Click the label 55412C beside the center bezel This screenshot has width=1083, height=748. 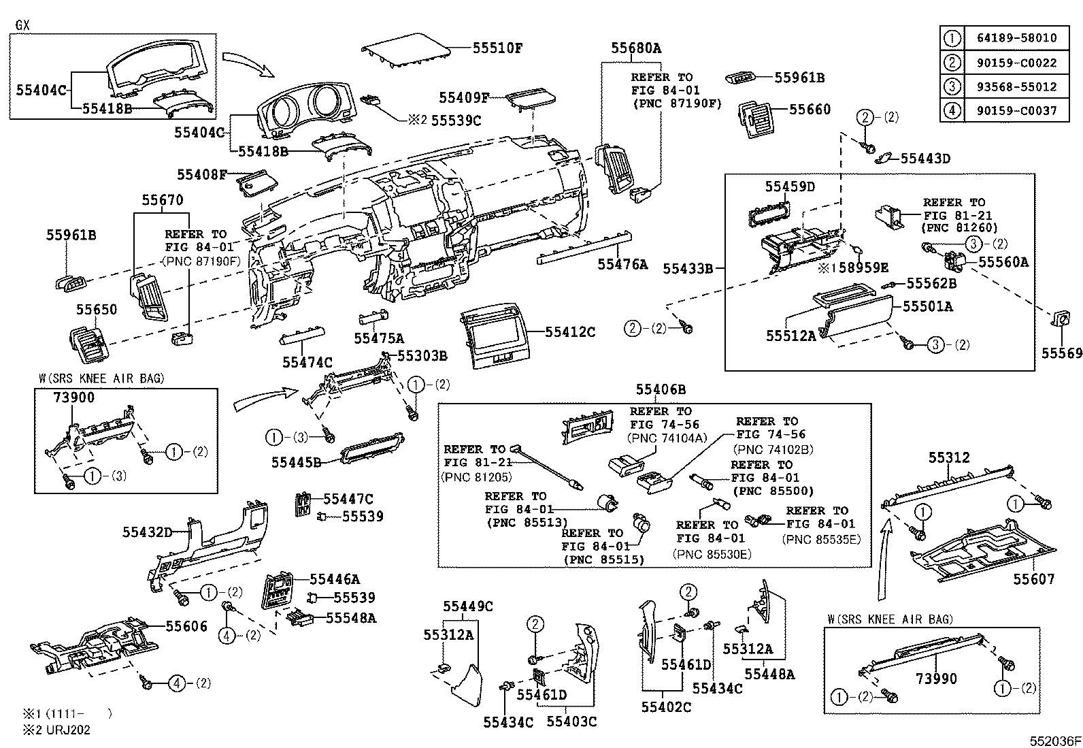[x=570, y=332]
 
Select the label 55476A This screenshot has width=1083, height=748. [x=622, y=264]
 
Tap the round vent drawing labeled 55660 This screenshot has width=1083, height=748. [x=756, y=121]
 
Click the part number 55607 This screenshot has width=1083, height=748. [x=1033, y=579]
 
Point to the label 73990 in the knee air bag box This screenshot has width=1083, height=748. [x=936, y=679]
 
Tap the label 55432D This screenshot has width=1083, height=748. [x=148, y=532]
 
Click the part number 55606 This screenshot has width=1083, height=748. [x=186, y=626]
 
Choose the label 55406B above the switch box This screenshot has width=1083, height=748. [x=661, y=389]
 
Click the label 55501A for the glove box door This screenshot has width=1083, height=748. [x=927, y=306]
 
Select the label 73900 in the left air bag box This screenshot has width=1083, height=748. [x=73, y=397]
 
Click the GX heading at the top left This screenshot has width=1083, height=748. [x=22, y=25]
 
